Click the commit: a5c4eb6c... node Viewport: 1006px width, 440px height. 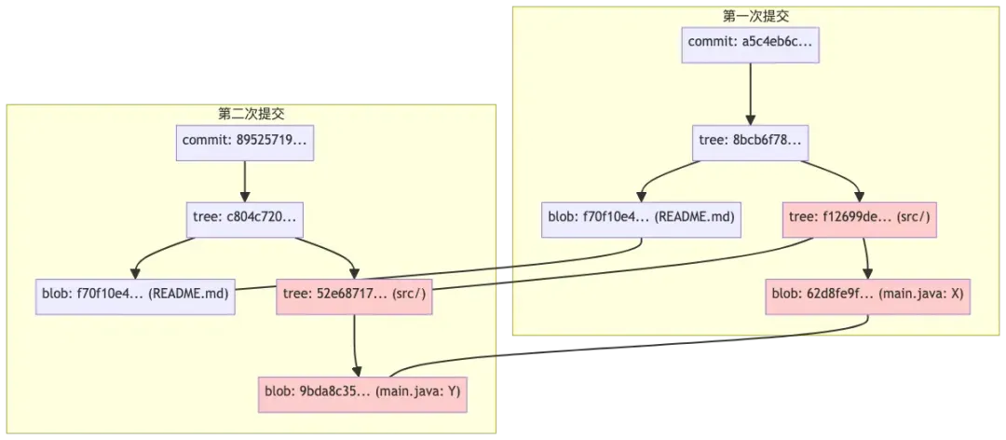point(750,43)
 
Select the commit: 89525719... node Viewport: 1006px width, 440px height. point(243,142)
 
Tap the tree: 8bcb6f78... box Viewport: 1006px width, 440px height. point(751,142)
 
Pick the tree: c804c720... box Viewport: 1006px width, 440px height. point(243,219)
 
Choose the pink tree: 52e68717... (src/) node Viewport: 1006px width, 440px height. point(357,293)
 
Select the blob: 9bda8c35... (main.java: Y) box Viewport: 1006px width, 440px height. point(361,392)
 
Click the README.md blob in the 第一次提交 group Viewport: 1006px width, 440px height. point(640,218)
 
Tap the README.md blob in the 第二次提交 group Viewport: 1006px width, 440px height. point(136,293)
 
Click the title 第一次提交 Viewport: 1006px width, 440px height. point(750,16)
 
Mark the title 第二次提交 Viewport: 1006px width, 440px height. point(251,114)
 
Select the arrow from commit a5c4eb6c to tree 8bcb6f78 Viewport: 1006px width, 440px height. point(750,93)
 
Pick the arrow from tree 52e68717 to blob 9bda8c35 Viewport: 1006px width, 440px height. point(357,340)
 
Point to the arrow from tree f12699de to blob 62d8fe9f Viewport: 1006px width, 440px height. point(866,255)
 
